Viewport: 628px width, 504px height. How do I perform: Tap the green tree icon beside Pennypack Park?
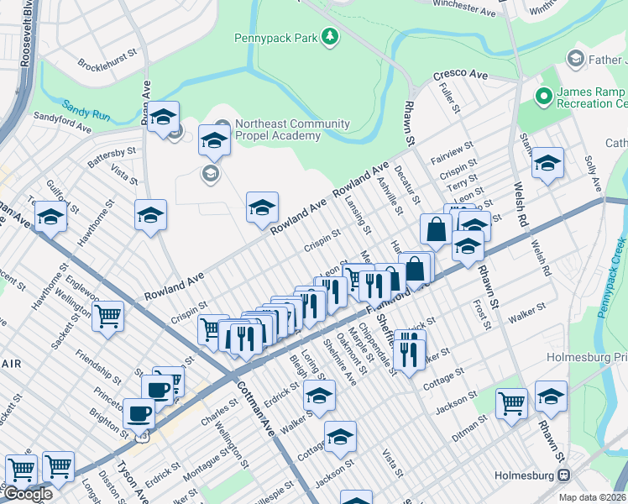point(331,36)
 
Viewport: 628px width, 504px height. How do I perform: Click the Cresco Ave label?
point(460,75)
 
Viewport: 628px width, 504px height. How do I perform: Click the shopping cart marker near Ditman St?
point(511,403)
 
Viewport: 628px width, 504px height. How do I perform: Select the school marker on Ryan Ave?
point(164,115)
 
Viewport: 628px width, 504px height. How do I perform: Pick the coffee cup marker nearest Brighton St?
point(139,412)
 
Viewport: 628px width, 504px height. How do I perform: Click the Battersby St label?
point(112,152)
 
